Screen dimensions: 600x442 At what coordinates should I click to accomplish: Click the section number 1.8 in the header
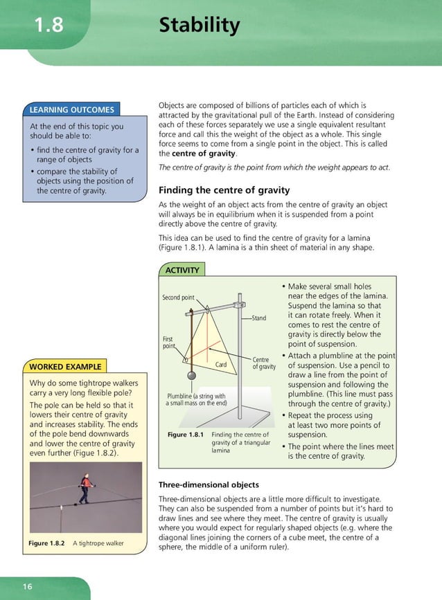pyautogui.click(x=49, y=26)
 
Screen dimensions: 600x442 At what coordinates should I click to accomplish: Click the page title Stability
pyautogui.click(x=199, y=26)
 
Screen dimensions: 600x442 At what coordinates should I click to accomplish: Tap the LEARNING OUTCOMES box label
pyautogui.click(x=71, y=109)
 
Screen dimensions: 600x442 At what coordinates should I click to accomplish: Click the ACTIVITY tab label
pyautogui.click(x=182, y=270)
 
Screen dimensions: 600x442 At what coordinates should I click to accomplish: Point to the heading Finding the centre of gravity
pyautogui.click(x=224, y=190)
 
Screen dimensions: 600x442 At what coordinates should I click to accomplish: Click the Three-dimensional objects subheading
pyautogui.click(x=209, y=484)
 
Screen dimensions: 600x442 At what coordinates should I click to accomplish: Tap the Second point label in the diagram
pyautogui.click(x=178, y=298)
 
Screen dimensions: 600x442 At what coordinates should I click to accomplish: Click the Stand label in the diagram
pyautogui.click(x=258, y=318)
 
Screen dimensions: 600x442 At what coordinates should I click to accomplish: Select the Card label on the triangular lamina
pyautogui.click(x=221, y=364)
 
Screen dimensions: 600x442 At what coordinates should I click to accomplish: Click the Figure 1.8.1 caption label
pyautogui.click(x=186, y=435)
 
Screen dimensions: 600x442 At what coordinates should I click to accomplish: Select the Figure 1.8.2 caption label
pyautogui.click(x=46, y=543)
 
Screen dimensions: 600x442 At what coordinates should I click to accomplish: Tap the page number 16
pyautogui.click(x=27, y=587)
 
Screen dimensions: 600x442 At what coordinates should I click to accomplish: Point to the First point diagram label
pyautogui.click(x=168, y=343)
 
